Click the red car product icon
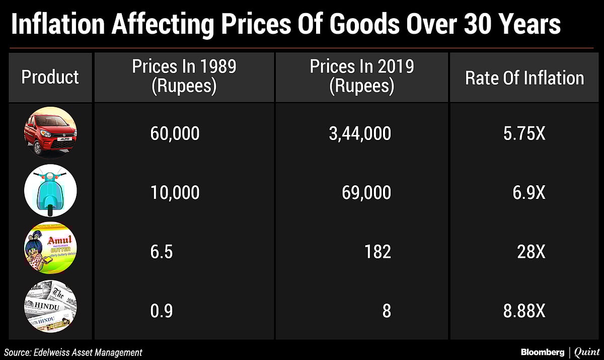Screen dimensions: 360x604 point(50,133)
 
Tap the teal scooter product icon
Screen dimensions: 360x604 point(50,192)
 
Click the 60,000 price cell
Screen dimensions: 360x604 point(175,133)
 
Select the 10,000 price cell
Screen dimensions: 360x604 point(175,192)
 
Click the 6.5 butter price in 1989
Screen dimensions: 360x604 point(161,251)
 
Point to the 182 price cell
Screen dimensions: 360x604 point(377,251)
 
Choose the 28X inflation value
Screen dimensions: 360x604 point(531,251)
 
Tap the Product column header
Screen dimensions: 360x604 point(50,77)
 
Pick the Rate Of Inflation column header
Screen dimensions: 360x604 point(524,78)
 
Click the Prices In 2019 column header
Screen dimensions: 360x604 point(361,77)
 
